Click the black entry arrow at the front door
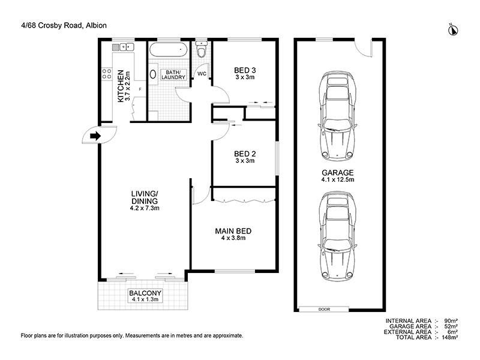point(94,136)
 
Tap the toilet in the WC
point(201,53)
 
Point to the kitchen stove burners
point(107,74)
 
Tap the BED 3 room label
point(244,73)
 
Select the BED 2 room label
point(244,157)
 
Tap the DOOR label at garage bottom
point(325,309)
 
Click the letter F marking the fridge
point(140,90)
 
